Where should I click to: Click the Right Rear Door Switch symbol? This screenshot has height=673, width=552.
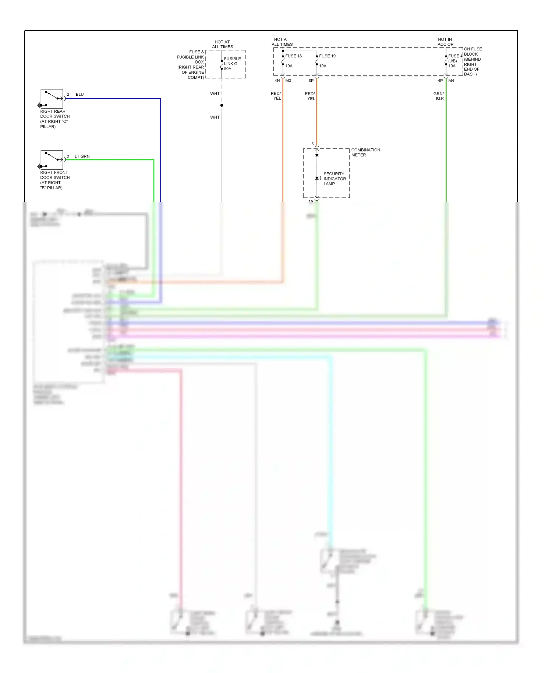click(52, 98)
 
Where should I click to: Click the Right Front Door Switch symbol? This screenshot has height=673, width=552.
click(52, 159)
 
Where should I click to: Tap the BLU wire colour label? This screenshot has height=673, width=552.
click(79, 95)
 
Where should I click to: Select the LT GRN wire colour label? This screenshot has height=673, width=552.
click(82, 156)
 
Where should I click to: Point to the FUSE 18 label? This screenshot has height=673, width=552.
click(293, 56)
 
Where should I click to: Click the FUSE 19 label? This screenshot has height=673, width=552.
click(327, 56)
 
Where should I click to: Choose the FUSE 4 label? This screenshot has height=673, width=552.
click(455, 56)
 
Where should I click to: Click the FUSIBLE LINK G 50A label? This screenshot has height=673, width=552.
click(232, 64)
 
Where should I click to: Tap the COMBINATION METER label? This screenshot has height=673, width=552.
click(365, 152)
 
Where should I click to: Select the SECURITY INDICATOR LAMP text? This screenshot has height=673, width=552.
click(335, 179)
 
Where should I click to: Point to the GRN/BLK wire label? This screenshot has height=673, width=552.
click(439, 96)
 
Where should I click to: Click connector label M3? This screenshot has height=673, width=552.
click(288, 81)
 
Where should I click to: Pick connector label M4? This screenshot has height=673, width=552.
click(451, 81)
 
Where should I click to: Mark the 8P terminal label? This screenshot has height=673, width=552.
click(311, 81)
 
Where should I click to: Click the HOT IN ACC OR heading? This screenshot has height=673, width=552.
click(445, 42)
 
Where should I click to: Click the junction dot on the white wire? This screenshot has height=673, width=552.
click(222, 105)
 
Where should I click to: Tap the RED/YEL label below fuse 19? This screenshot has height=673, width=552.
click(310, 96)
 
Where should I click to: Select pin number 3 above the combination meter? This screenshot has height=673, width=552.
click(312, 144)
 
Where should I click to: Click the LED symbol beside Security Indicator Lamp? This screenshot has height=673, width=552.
click(317, 178)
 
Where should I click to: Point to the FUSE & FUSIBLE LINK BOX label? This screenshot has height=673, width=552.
click(191, 64)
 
